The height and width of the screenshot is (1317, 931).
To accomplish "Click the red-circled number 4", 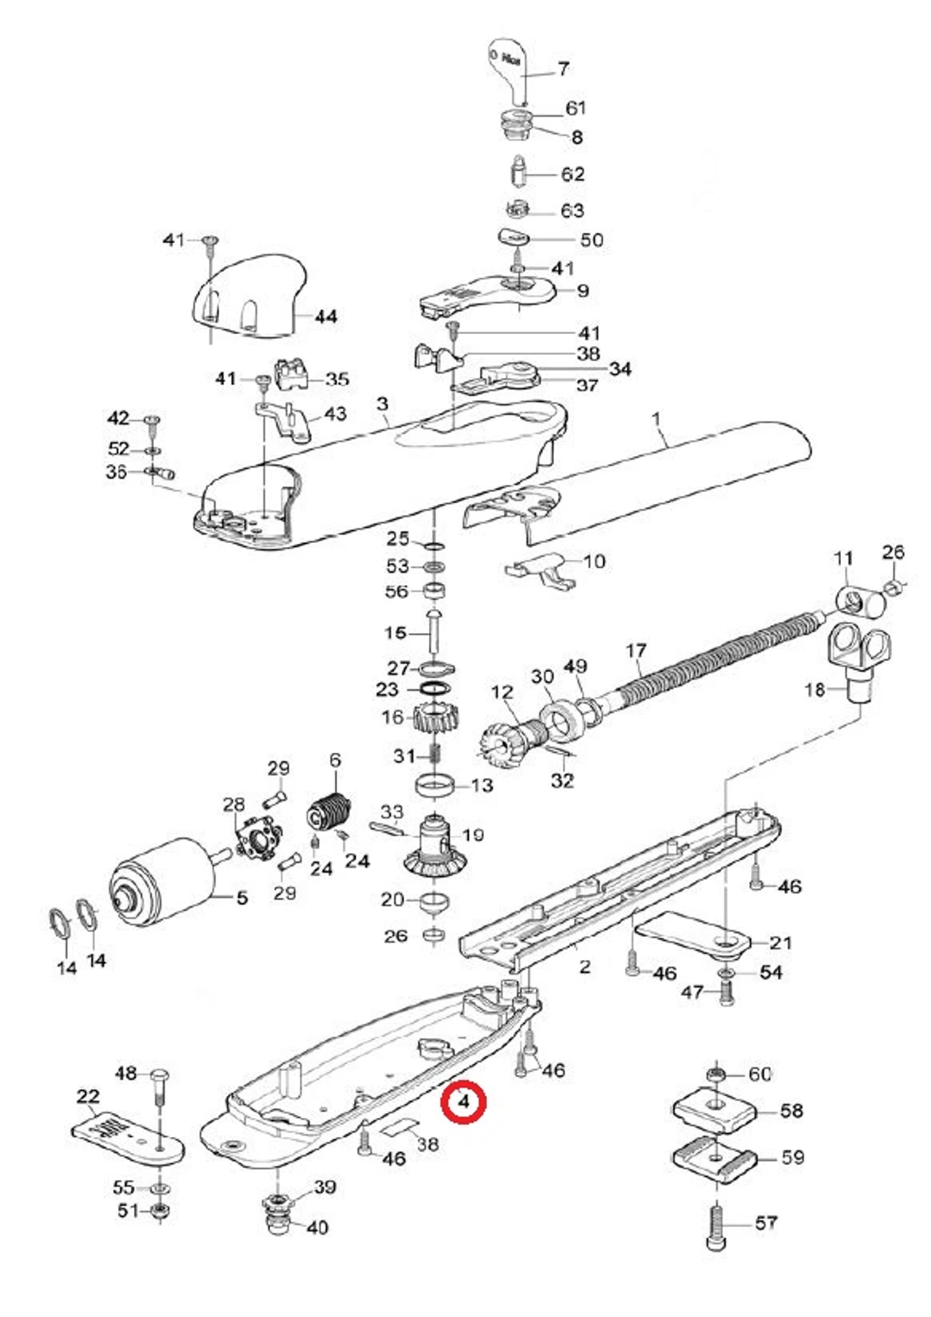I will [464, 1101].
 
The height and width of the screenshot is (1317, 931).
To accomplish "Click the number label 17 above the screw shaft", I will [635, 651].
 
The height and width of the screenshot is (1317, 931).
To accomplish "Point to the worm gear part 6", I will [330, 814].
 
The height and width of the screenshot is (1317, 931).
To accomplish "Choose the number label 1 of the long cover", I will [656, 418].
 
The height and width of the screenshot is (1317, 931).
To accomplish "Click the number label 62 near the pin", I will [573, 174].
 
